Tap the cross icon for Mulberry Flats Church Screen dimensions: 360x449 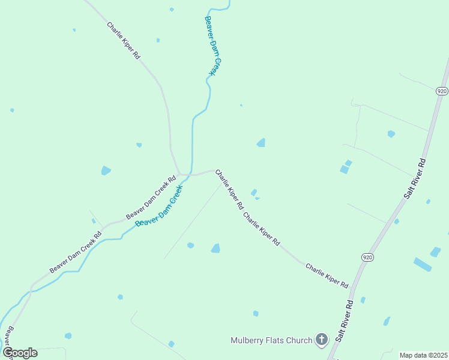tap(322, 340)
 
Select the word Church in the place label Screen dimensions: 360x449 tap(298, 340)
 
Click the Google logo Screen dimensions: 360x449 tap(20, 353)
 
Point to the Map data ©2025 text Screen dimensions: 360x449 tap(423, 355)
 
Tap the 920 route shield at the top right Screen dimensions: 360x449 tap(442, 91)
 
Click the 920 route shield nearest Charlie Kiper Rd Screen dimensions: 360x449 tap(367, 257)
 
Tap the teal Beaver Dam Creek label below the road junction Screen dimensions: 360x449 tap(159, 206)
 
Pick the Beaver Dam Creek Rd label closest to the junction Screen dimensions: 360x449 tap(151, 197)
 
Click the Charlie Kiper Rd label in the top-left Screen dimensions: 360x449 tap(124, 40)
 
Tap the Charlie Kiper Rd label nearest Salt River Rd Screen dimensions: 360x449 tap(327, 275)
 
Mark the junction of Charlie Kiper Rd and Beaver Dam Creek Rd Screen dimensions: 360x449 tap(179, 175)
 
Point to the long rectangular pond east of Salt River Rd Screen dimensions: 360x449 tap(422, 264)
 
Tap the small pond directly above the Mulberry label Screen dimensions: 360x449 tap(256, 313)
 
